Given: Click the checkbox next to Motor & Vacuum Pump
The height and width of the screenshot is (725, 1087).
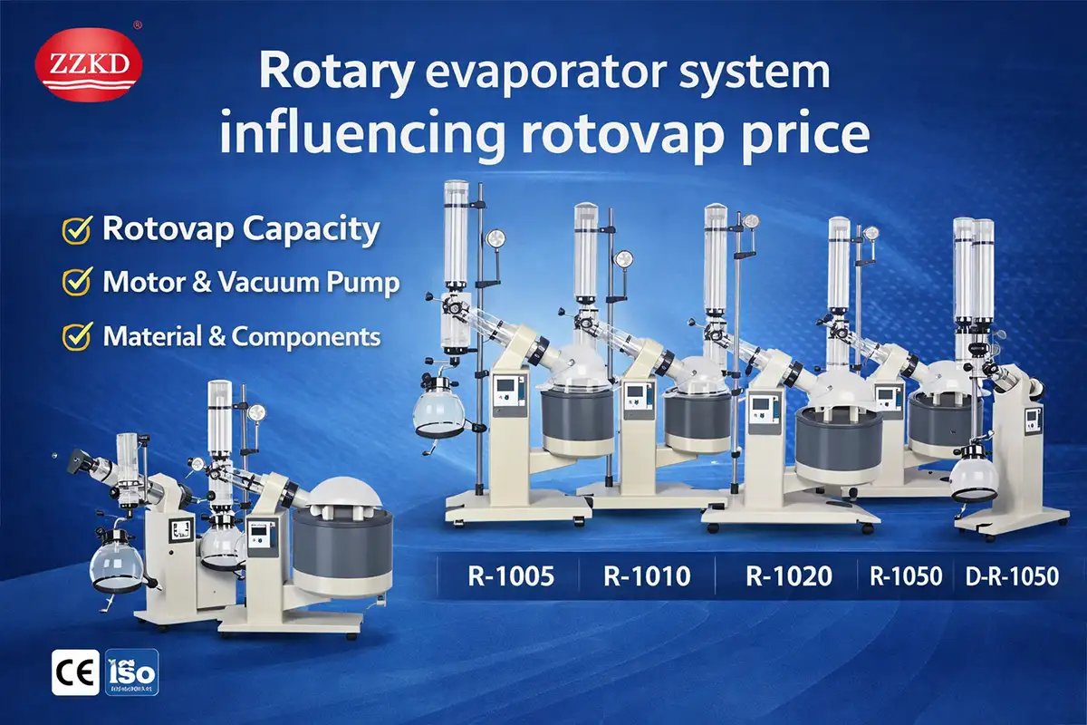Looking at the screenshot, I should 75,283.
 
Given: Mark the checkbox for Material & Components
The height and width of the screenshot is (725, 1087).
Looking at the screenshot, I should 75,337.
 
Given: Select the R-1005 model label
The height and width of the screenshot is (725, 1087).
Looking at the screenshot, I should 510,575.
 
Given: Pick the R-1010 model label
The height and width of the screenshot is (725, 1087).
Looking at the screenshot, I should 647,575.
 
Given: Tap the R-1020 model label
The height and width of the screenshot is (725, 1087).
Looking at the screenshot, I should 788,575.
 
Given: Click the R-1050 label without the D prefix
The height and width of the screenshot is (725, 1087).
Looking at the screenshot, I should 906,575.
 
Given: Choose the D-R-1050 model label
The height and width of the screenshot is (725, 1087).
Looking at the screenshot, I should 1013,575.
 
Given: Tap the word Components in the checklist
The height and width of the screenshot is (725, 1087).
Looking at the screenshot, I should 306,337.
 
